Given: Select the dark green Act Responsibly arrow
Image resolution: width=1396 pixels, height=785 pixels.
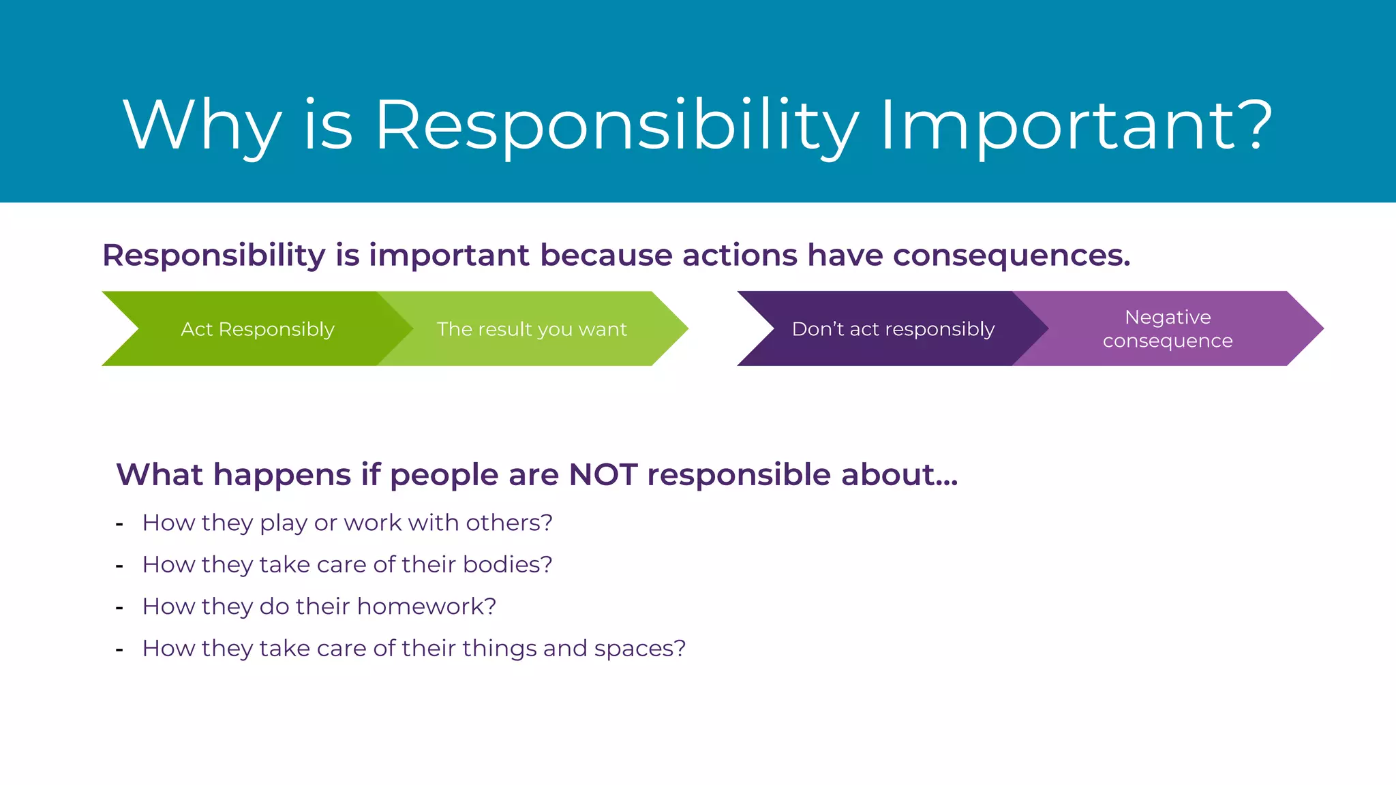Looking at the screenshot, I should pyautogui.click(x=257, y=329).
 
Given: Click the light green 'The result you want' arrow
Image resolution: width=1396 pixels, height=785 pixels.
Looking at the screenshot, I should pyautogui.click(x=532, y=329).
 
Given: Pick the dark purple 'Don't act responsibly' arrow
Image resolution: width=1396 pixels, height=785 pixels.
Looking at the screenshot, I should pyautogui.click(x=893, y=329).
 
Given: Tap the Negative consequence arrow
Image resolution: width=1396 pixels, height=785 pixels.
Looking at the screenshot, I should pyautogui.click(x=1168, y=329).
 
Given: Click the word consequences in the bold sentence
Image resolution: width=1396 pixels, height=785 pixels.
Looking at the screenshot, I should pyautogui.click(x=1011, y=256).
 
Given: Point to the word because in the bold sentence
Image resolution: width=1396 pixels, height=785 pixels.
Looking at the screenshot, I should pyautogui.click(x=603, y=256).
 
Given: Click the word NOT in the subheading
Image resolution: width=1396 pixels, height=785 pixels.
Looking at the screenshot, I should pyautogui.click(x=603, y=474).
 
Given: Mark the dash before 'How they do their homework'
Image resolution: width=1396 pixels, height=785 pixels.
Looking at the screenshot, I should pyautogui.click(x=119, y=607).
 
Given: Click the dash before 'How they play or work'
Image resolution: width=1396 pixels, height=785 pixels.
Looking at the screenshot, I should pyautogui.click(x=119, y=524).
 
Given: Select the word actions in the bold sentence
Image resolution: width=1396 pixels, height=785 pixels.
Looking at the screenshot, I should pyautogui.click(x=740, y=256).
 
